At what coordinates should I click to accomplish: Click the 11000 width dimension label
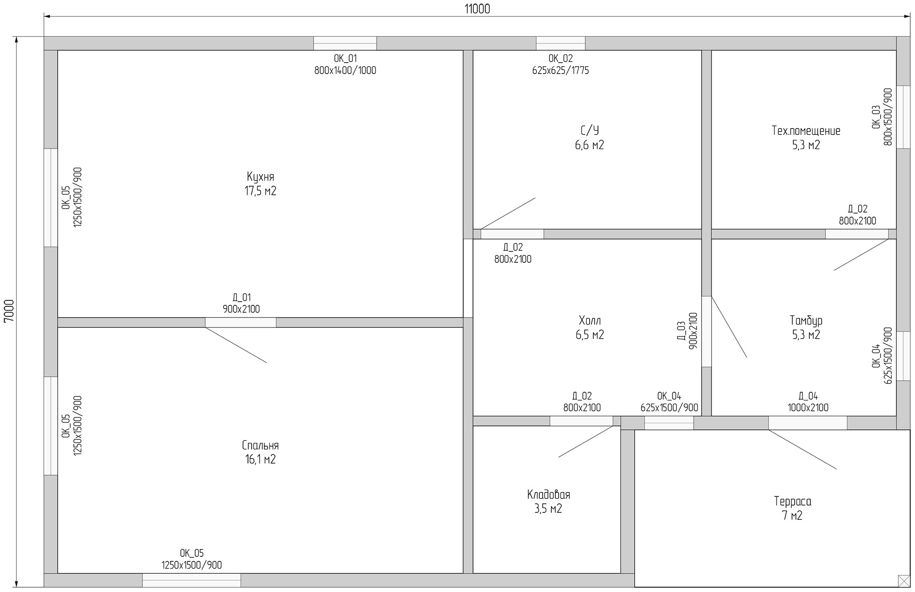477,9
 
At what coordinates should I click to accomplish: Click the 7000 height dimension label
9,311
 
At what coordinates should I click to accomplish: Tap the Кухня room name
260,177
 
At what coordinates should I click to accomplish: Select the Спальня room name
260,445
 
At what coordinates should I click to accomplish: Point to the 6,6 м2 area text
590,145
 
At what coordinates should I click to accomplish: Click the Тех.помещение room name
806,131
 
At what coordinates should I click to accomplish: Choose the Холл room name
590,320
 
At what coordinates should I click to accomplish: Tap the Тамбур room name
806,320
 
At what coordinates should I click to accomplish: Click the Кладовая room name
549,495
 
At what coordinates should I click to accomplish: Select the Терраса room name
793,501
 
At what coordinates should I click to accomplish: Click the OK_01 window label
345,59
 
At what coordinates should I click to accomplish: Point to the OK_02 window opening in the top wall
560,43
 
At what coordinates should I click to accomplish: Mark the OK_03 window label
876,117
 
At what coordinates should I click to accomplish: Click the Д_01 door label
241,298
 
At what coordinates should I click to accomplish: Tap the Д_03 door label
681,331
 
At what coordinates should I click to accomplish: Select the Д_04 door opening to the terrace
807,423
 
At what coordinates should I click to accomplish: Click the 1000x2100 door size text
808,408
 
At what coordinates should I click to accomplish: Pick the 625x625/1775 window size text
560,70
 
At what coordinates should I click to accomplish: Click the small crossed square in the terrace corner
904,581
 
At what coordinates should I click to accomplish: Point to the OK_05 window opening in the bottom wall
192,580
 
